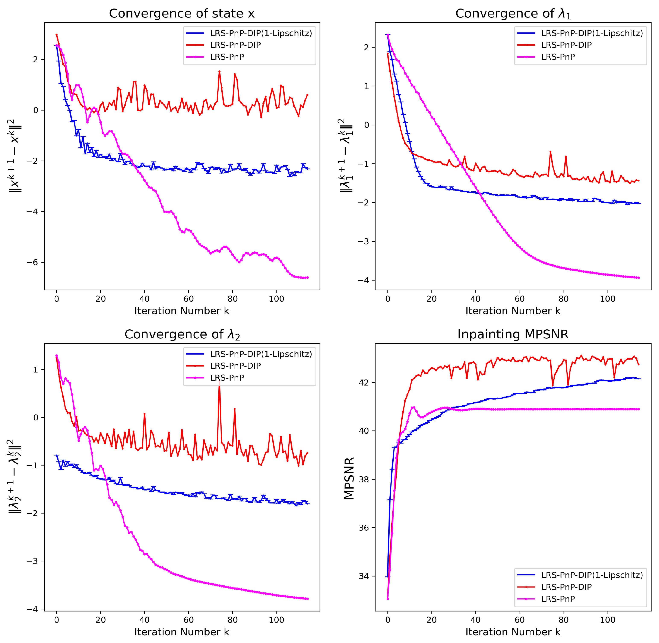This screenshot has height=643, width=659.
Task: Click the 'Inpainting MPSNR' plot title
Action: coord(513,334)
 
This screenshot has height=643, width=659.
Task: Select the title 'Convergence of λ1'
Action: coord(513,13)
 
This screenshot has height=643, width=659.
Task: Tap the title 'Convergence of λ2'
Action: coord(182,334)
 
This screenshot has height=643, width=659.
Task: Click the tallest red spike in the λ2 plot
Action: coord(219,382)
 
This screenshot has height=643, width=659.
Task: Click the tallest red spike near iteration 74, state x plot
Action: coord(219,72)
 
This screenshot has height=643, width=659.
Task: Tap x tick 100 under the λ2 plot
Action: coord(276,620)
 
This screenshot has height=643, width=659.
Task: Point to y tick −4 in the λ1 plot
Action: coord(364,280)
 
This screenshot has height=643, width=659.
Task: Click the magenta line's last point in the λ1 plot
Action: coord(639,278)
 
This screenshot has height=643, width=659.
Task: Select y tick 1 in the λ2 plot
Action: coord(35,370)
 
